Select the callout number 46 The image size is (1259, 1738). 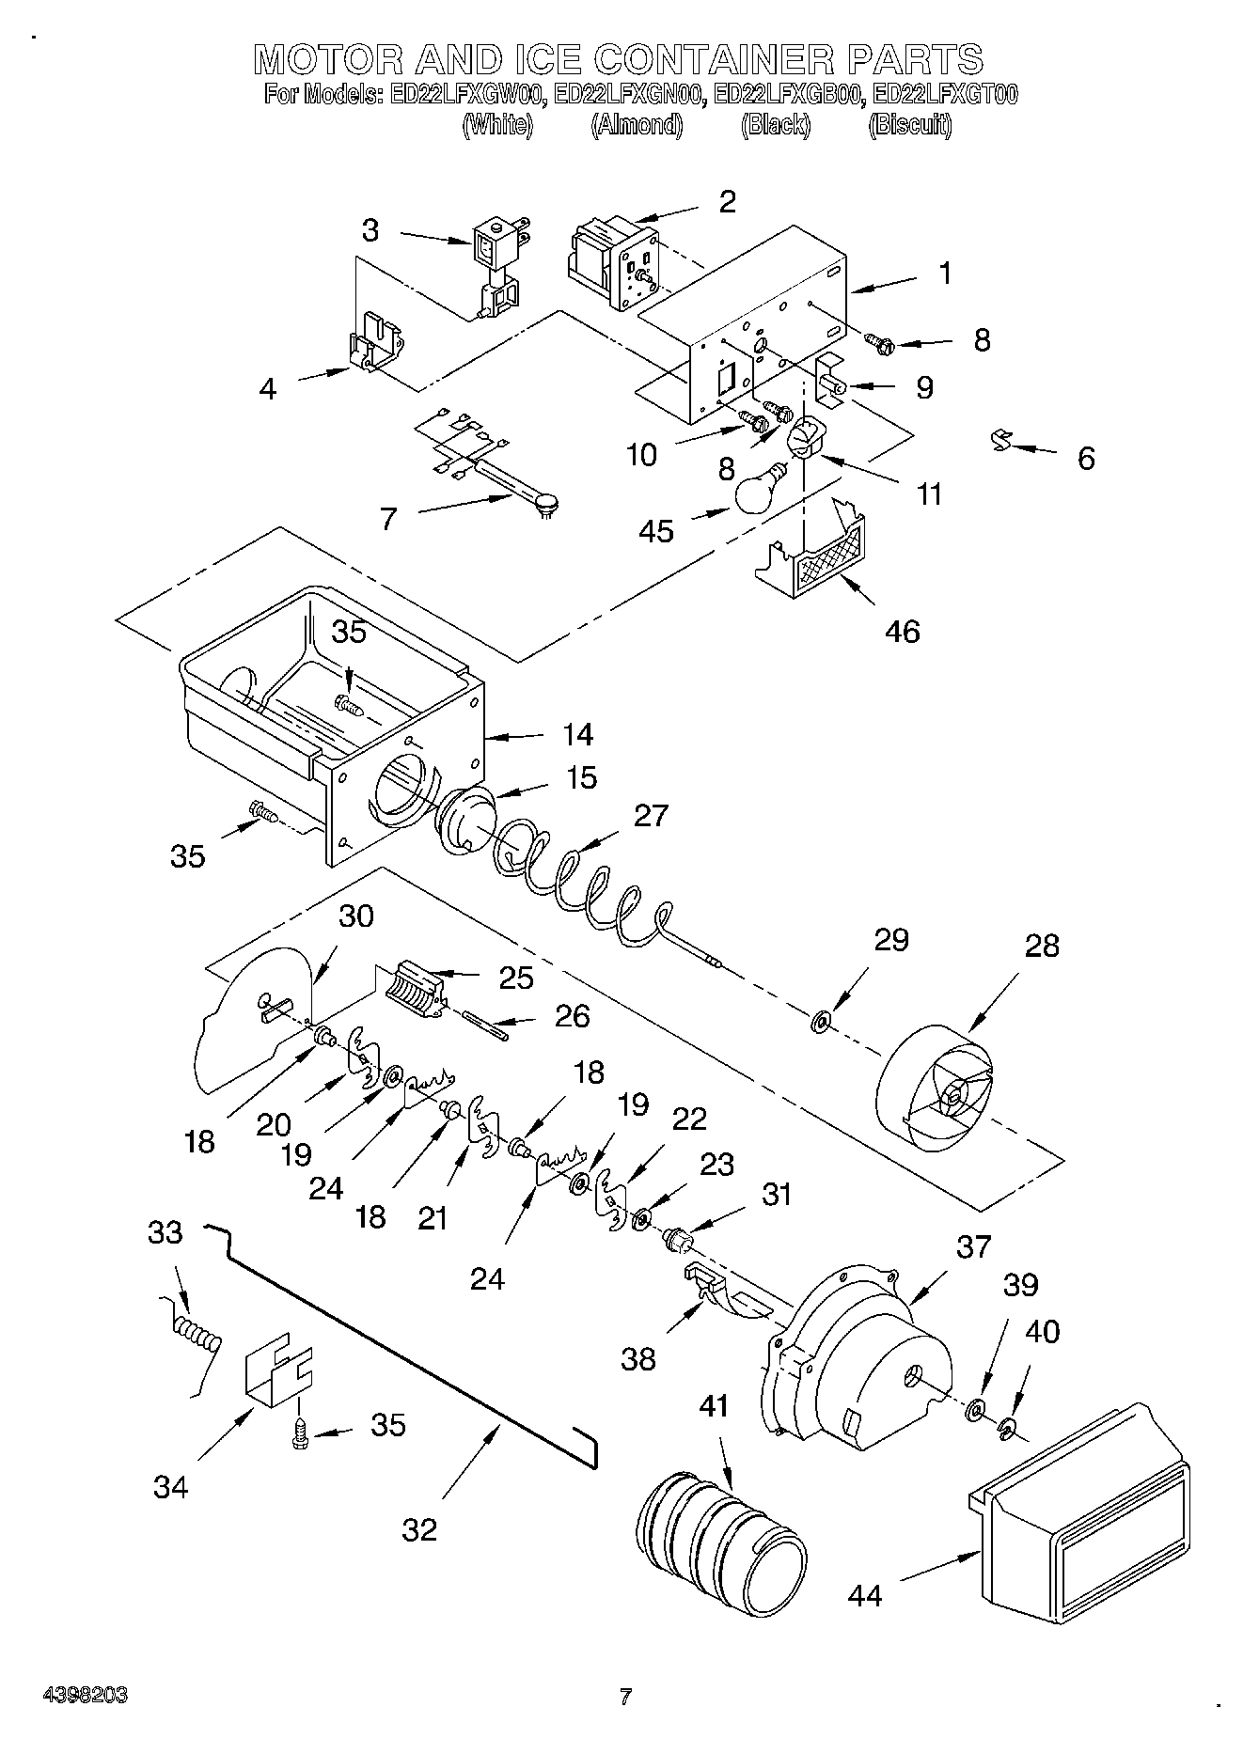[903, 631]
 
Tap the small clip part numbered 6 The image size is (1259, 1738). [1003, 440]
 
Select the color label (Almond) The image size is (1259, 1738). [636, 124]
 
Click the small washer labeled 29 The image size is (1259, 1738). [821, 1020]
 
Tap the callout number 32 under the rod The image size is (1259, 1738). [420, 1529]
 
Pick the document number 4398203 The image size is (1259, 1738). [86, 1696]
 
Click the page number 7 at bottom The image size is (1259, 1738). [625, 1697]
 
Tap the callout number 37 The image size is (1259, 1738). [973, 1246]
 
